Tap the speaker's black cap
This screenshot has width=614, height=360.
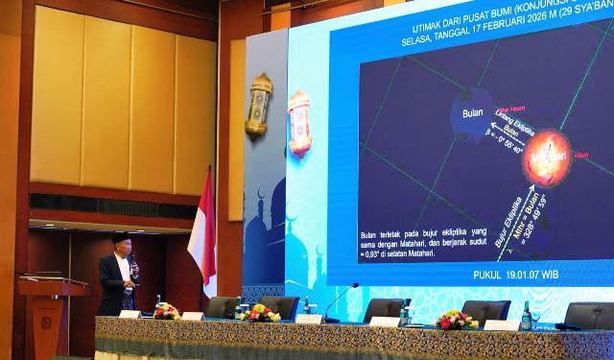click(x=120, y=237)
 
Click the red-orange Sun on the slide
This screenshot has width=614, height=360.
click(x=547, y=155)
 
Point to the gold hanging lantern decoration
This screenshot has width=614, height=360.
click(x=258, y=107)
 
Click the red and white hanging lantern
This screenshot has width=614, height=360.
click(x=299, y=123)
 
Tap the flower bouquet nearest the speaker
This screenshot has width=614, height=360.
click(x=166, y=311)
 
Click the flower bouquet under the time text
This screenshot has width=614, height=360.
click(x=457, y=320)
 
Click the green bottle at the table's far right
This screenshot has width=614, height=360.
click(x=526, y=316)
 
